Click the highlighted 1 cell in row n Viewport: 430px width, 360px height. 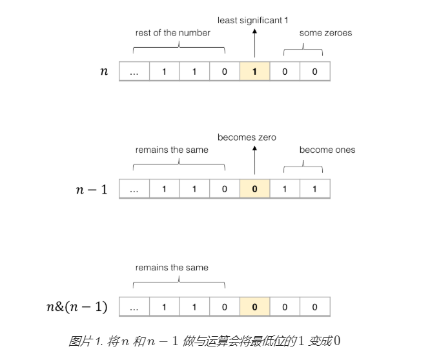(x=254, y=72)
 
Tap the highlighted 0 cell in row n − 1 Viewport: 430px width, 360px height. (x=254, y=189)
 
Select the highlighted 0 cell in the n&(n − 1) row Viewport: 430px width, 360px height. (x=254, y=307)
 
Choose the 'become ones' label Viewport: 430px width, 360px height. (x=327, y=150)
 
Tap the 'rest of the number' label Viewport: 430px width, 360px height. (x=172, y=33)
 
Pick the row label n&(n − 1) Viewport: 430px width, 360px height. (x=77, y=307)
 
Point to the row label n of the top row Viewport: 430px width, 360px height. (x=104, y=72)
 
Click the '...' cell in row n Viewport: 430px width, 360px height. (x=134, y=72)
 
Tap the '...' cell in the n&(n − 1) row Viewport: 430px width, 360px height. (x=134, y=307)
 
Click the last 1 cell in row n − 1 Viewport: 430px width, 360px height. (x=314, y=189)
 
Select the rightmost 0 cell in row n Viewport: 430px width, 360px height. (x=314, y=72)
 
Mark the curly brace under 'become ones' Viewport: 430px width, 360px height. (x=303, y=165)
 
